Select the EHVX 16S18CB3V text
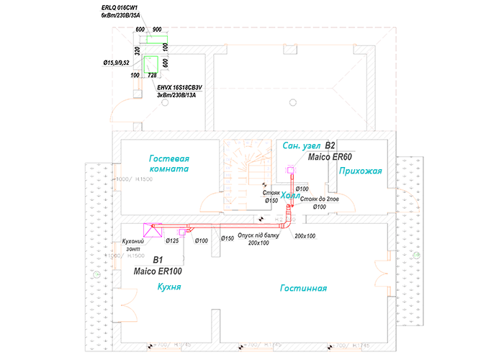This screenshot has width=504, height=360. [180, 86]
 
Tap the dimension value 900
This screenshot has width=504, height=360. [157, 30]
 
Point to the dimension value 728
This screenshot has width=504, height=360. [152, 75]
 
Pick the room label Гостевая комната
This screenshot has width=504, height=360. [168, 163]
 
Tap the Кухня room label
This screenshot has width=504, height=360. [168, 287]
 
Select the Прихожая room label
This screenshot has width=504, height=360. [359, 170]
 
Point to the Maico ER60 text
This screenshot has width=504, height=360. [330, 156]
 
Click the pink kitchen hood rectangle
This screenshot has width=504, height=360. [153, 230]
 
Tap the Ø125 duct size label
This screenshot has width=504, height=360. [172, 240]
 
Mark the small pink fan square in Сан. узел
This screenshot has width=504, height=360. [291, 171]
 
